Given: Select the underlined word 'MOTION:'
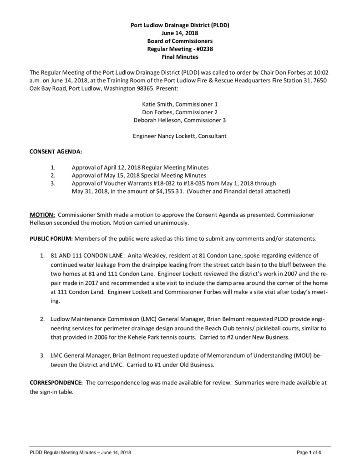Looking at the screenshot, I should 43,214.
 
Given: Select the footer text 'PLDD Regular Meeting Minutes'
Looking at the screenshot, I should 63,452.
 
